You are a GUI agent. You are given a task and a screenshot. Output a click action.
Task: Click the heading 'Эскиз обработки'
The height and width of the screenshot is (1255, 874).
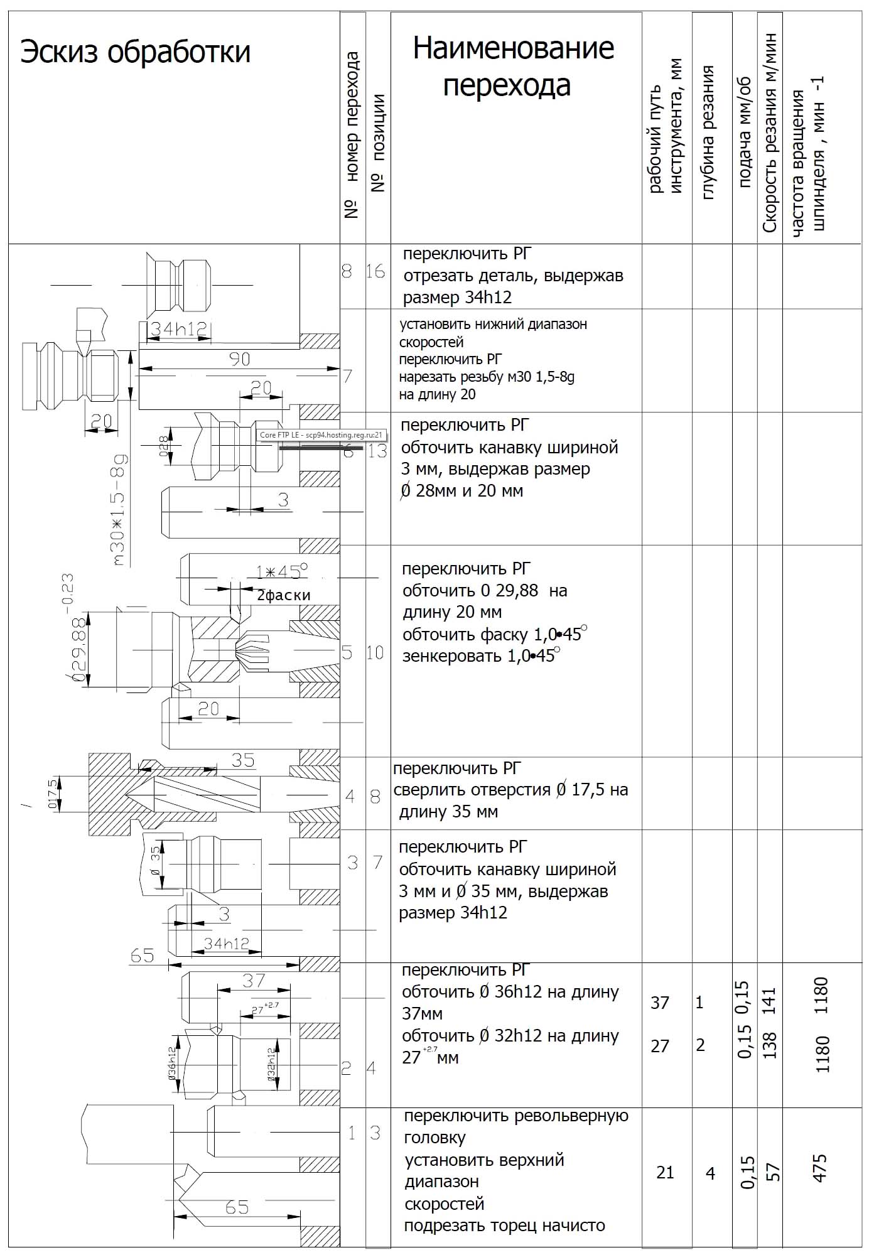135,52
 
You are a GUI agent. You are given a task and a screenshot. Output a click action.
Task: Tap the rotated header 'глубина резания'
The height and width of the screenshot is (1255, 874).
708,132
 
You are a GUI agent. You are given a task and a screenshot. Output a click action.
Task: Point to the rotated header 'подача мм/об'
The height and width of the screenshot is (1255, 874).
745,133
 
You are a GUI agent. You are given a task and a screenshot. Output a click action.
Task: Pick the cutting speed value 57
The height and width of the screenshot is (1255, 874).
774,1172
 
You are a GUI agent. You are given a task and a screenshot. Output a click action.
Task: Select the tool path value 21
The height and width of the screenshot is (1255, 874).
664,1172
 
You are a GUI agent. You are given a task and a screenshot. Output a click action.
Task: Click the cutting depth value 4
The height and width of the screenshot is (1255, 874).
710,1173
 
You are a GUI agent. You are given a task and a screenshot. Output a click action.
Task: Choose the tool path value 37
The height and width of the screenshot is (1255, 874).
659,1003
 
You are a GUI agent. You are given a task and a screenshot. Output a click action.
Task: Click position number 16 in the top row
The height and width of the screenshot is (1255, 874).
375,271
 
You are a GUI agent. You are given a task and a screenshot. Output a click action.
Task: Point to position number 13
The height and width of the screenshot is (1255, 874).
377,450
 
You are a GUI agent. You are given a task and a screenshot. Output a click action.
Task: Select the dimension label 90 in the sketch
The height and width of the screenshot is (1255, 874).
239,359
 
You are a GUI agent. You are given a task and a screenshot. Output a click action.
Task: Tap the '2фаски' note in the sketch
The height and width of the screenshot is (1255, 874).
283,595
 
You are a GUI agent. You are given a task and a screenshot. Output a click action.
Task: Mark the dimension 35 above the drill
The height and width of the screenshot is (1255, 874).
242,760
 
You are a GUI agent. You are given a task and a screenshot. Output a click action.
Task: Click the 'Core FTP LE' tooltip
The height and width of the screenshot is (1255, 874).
321,434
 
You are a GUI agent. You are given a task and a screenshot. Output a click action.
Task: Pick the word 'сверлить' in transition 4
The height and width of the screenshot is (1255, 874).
428,789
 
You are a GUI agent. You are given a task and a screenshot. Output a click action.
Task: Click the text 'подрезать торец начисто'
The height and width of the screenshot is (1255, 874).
504,1225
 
